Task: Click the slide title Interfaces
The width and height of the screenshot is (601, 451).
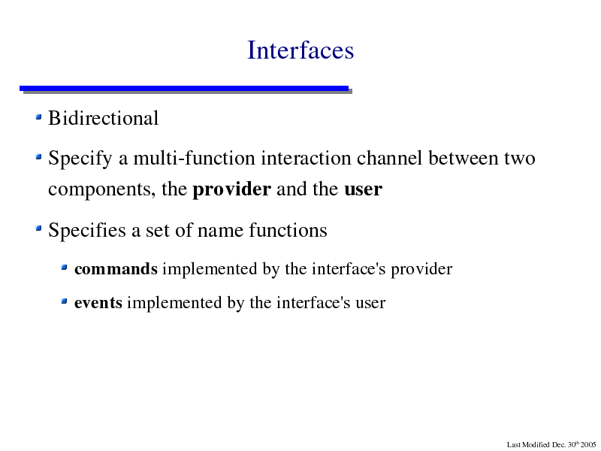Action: click(x=300, y=50)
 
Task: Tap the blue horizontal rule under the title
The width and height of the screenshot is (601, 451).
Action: click(x=184, y=89)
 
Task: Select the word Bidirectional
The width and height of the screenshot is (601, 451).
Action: click(x=103, y=118)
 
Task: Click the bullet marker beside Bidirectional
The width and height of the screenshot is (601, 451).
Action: click(x=38, y=117)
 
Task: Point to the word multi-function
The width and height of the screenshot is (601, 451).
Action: click(x=194, y=158)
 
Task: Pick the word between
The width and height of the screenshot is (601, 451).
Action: click(x=463, y=158)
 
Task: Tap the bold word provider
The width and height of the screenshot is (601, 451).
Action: click(x=232, y=189)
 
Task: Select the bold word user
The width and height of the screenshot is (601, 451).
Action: click(x=364, y=189)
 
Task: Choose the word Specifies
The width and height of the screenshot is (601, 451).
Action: click(x=87, y=230)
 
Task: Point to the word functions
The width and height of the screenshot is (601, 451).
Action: click(x=288, y=230)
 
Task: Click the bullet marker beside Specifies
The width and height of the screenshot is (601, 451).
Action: click(x=38, y=229)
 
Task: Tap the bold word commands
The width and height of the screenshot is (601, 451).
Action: click(x=116, y=269)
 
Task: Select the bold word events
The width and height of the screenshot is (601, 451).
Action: click(x=98, y=303)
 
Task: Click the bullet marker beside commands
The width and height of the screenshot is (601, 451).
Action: click(x=64, y=267)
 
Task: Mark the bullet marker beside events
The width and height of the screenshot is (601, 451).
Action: click(x=64, y=301)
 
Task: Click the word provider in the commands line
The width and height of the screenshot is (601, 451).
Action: click(x=421, y=269)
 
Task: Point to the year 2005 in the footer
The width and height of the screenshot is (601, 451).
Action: click(x=588, y=445)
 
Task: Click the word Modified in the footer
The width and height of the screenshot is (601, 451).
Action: click(x=536, y=445)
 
